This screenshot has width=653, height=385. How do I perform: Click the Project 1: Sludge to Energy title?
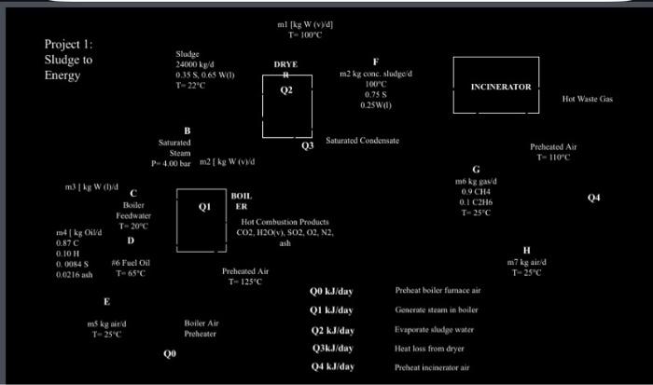(x=69, y=60)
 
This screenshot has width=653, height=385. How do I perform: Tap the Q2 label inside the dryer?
(x=286, y=91)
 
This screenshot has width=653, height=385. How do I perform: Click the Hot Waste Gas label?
(x=588, y=98)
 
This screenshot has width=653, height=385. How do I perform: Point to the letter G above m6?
(x=475, y=168)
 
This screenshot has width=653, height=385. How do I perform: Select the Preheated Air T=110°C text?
(x=553, y=152)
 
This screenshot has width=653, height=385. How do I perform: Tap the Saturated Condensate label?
(x=363, y=140)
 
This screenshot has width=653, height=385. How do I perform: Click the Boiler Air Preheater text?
(x=201, y=328)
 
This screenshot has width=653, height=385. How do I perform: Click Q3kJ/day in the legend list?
(x=332, y=348)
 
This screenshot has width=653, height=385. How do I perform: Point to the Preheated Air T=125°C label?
(x=245, y=275)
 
